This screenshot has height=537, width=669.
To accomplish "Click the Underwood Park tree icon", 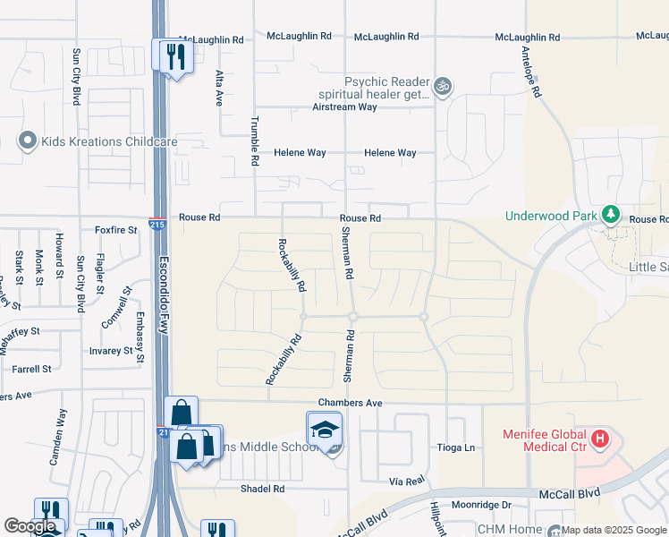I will point(611,215).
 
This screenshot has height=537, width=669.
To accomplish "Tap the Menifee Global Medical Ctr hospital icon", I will point(601,439).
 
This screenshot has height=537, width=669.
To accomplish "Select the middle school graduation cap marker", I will point(325,429).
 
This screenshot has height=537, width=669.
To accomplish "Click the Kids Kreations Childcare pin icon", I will point(27,141).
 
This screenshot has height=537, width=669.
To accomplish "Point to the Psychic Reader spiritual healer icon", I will point(443,87).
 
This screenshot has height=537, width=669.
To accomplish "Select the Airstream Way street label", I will point(344,107).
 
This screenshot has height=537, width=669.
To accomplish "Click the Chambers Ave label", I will point(350,404).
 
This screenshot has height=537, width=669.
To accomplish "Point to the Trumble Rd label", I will point(255,143).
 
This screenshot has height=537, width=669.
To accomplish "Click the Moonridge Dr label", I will point(481,506).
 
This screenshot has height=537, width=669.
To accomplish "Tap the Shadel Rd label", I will point(262,489).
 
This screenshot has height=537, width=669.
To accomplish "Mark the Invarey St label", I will point(112,352).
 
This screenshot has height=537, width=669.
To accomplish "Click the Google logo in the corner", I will point(30,527).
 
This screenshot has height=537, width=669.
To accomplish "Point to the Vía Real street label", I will point(405,481).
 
